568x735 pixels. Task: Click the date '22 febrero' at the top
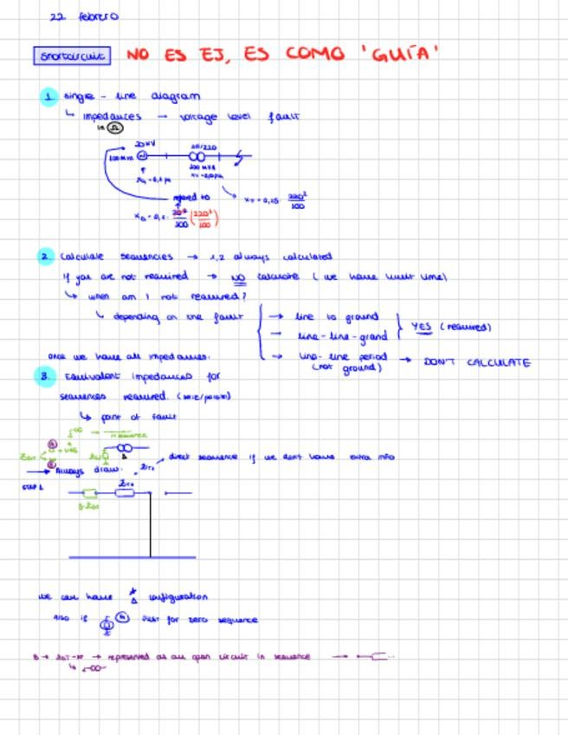coord(84,16)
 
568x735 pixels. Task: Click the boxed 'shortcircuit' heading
coord(73,56)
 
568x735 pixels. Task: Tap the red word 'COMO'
coord(313,54)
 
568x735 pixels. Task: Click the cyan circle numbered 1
coord(48,96)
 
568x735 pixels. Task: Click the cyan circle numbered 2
coord(46,257)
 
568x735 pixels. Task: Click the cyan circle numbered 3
coord(45,376)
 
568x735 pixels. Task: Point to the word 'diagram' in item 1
coord(175,96)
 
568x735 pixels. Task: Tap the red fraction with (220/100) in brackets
coord(203,218)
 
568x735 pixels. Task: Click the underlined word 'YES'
coord(422,327)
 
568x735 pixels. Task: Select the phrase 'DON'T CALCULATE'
coord(476,362)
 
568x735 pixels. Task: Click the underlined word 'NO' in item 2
coord(238,277)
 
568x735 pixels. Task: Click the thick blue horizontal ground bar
coord(132,557)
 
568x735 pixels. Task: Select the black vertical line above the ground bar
coord(151,524)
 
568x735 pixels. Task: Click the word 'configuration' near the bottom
coord(178,597)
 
